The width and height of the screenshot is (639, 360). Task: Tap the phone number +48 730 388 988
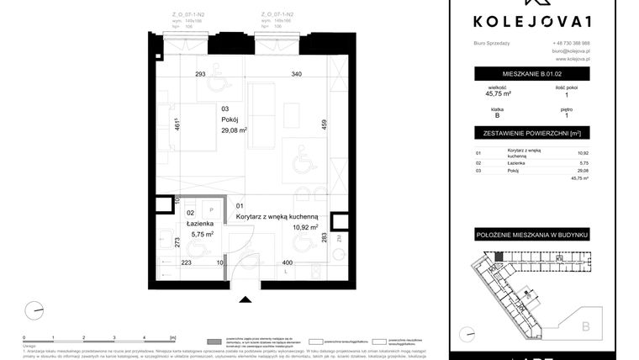click(571, 43)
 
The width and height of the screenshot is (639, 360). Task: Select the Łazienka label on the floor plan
click(199, 223)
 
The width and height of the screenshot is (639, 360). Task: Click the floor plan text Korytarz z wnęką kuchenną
click(277, 216)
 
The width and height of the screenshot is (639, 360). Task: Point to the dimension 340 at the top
click(296, 74)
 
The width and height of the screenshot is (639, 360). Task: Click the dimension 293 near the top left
click(200, 74)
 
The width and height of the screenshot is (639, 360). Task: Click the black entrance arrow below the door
click(246, 298)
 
